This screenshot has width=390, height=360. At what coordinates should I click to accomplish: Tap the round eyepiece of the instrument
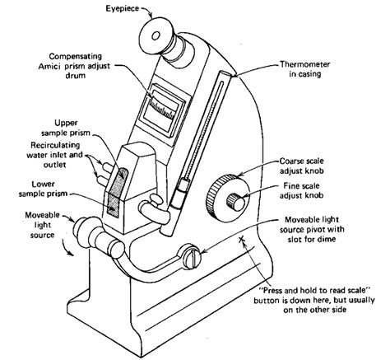[x=154, y=37]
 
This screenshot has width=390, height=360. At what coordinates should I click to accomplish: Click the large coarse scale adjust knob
[x=224, y=194]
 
